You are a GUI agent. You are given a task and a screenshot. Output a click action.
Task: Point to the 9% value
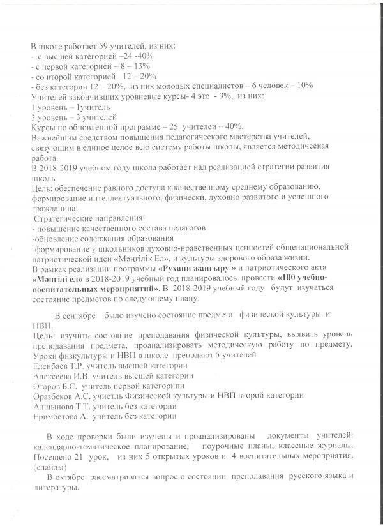pyautogui.click(x=217, y=96)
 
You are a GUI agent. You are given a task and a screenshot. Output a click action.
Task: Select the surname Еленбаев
pyautogui.click(x=52, y=366)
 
